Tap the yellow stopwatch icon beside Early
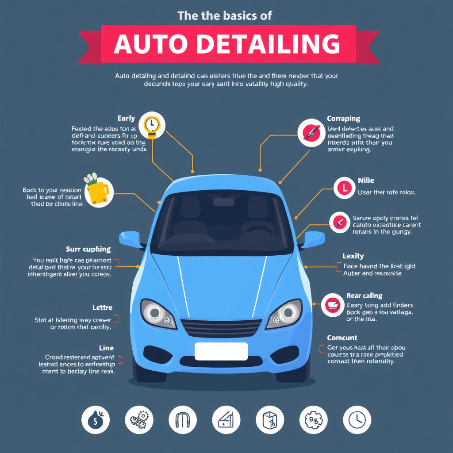tap(151, 125)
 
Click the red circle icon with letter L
tap(344, 188)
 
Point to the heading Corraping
tap(343, 119)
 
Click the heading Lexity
tap(353, 256)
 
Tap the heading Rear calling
tap(364, 296)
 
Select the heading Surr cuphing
tap(88, 249)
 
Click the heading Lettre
tap(102, 307)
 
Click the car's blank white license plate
tap(221, 351)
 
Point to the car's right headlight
tap(284, 313)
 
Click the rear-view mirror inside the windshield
tap(223, 202)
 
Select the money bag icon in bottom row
tap(96, 419)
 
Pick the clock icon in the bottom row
tap(357, 419)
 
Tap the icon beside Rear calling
tap(333, 304)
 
